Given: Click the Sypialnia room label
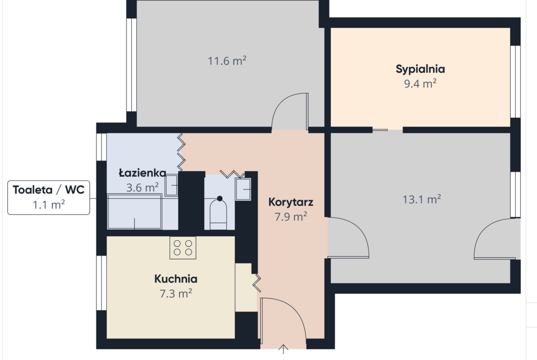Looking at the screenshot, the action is (420, 69).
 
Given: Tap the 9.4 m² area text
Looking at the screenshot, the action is (420, 83).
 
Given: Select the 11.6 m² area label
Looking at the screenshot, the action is (227, 61).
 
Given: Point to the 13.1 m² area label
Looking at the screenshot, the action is (422, 199).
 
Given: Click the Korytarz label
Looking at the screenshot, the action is (291, 202).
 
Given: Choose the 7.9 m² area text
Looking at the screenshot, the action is (291, 216).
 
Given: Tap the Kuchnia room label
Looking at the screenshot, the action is (176, 279).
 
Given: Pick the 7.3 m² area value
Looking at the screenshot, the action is (176, 294).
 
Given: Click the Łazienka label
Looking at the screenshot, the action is (142, 172).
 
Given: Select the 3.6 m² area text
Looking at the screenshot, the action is (142, 187).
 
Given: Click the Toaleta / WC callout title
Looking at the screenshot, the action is (49, 189).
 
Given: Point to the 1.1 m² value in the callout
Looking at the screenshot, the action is (49, 205).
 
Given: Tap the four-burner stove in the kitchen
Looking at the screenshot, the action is (183, 248).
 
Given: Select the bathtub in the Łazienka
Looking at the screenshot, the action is (134, 211).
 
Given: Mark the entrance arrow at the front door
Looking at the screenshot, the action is (283, 349).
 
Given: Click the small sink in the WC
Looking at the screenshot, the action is (243, 189).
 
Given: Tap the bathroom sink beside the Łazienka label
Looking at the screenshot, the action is (171, 185).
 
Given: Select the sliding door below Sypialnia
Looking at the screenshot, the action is (380, 130).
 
